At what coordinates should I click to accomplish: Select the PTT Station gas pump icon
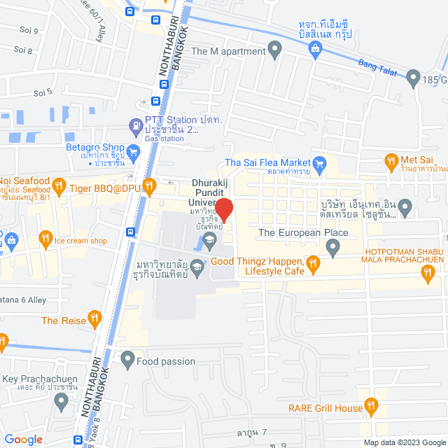[134, 126]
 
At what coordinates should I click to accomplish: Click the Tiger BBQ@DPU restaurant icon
[148, 187]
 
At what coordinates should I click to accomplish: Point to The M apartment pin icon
[275, 50]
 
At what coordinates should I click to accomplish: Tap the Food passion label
[166, 361]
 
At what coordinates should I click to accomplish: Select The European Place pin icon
[333, 247]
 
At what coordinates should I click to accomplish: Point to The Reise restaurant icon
[98, 321]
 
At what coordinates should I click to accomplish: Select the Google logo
[23, 440]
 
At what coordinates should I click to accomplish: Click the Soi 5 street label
[43, 92]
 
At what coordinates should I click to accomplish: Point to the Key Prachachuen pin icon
[62, 401]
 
